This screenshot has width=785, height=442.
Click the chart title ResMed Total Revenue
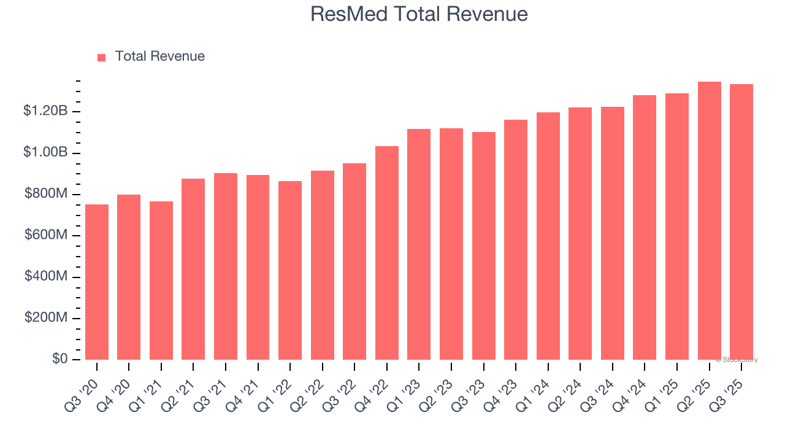(x=419, y=14)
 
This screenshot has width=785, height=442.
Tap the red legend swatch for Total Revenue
(x=102, y=57)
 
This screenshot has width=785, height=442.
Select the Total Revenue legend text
(x=159, y=56)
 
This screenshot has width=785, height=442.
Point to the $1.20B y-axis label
(x=45, y=111)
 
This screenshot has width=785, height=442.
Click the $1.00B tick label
(x=45, y=152)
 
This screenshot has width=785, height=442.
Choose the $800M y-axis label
(x=46, y=194)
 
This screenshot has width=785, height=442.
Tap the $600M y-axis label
(x=46, y=235)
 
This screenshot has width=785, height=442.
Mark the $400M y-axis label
(x=46, y=277)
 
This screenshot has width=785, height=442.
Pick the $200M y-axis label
(x=46, y=318)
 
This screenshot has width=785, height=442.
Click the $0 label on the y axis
(x=59, y=359)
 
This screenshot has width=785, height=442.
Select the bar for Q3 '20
(x=97, y=282)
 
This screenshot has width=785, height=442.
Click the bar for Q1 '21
(x=161, y=281)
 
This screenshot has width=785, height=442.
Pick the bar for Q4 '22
(x=387, y=253)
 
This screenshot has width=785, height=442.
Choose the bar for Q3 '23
(x=483, y=246)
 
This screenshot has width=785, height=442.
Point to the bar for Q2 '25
(x=709, y=221)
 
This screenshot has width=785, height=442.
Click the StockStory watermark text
(x=737, y=360)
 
